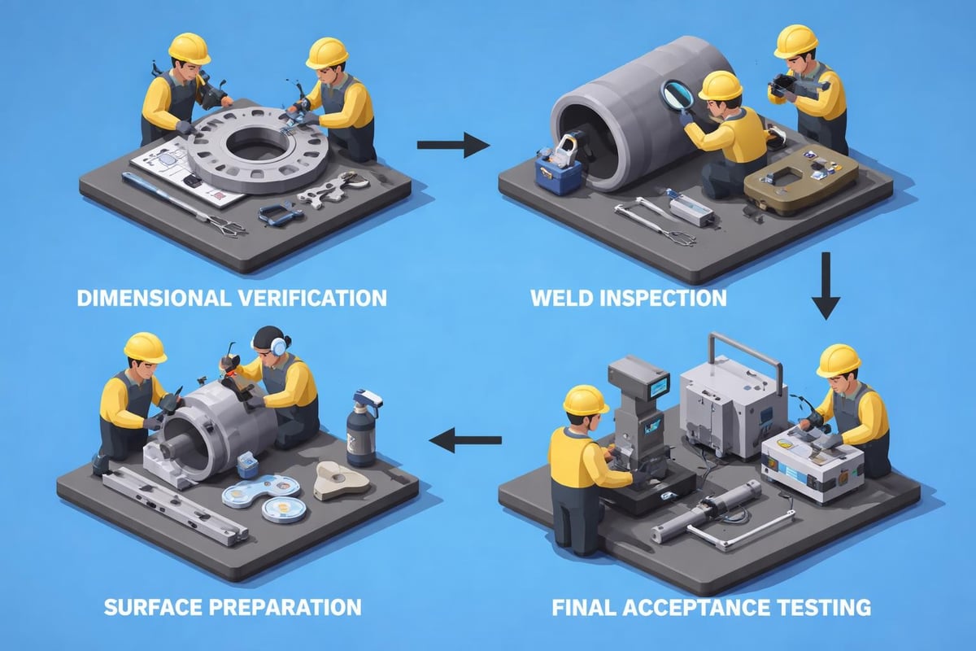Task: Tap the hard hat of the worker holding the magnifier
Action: [x=720, y=85]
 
